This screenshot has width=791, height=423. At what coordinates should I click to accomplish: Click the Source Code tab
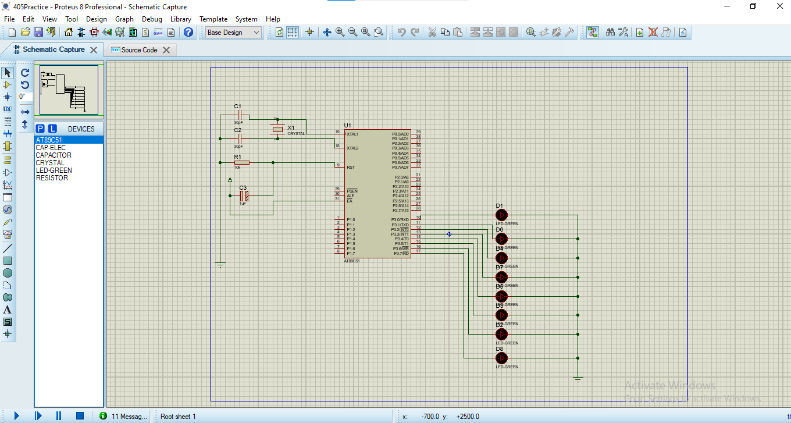click(x=139, y=50)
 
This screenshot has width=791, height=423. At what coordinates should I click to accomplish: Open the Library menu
click(x=180, y=19)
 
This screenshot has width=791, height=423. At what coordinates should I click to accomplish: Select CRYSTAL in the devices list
click(x=50, y=163)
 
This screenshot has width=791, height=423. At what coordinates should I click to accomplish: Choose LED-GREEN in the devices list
click(x=54, y=170)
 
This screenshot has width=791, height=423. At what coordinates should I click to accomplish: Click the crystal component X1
click(x=277, y=130)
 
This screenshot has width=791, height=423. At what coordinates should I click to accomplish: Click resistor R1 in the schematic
click(x=241, y=163)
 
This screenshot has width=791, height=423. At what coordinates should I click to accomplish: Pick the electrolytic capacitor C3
click(x=244, y=196)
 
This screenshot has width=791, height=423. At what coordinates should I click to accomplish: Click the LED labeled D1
click(x=501, y=215)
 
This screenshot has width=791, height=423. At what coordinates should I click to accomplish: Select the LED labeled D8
click(x=501, y=358)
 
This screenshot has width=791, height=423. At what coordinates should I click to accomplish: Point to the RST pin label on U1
click(x=351, y=168)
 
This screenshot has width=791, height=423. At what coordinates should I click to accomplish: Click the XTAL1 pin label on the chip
click(x=352, y=134)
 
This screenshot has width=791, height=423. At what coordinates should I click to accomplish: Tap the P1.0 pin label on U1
click(x=351, y=220)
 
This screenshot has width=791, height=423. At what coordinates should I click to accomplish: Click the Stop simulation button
click(x=80, y=416)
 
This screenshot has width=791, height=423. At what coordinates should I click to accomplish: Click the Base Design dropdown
click(x=233, y=33)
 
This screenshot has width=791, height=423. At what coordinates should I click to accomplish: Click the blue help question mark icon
click(x=188, y=33)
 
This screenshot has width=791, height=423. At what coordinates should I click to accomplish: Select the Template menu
click(x=213, y=19)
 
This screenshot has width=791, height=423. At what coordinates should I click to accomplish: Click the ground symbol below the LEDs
click(x=578, y=379)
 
